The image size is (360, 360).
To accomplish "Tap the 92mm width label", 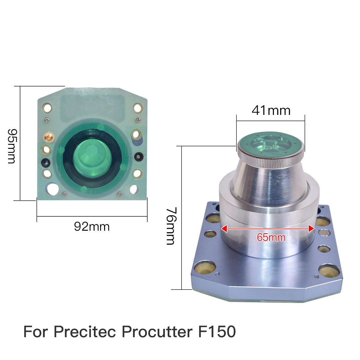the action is (x=92, y=226).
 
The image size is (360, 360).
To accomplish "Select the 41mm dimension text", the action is (x=271, y=110).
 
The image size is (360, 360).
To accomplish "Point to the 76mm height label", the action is (x=171, y=226).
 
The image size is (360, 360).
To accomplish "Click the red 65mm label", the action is (x=271, y=237).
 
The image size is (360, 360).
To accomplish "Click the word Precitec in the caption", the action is (x=85, y=331).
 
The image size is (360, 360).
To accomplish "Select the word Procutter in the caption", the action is (x=157, y=331).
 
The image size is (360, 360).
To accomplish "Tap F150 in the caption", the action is (x=217, y=331).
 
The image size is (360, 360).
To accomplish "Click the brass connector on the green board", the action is (x=49, y=138).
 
